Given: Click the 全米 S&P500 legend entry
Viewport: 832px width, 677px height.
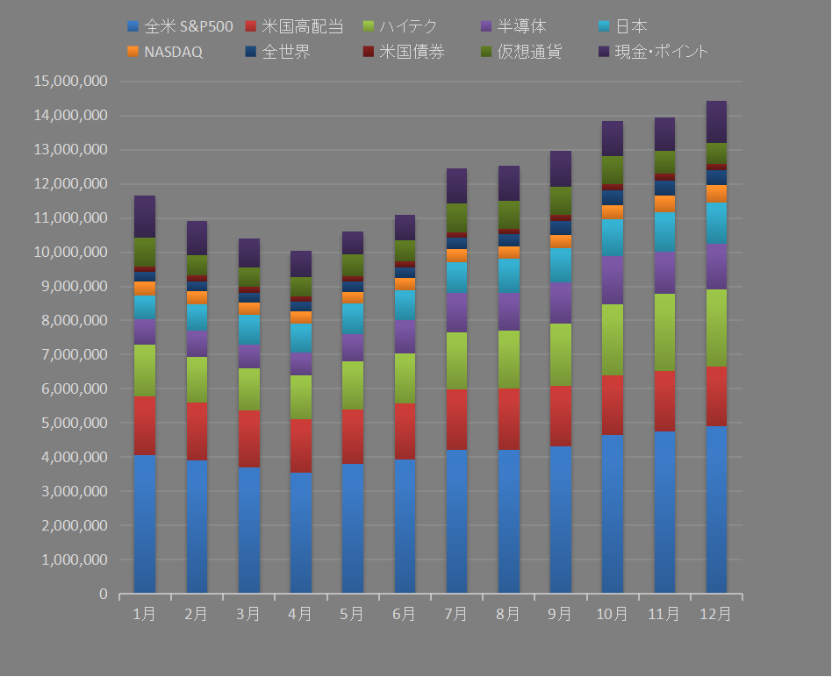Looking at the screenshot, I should [x=181, y=27].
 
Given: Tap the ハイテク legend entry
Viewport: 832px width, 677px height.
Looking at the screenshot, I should [x=408, y=27].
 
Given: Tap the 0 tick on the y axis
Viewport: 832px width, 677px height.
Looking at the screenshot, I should [x=103, y=595].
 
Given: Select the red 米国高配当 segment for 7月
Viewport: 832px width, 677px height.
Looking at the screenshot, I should [x=456, y=419].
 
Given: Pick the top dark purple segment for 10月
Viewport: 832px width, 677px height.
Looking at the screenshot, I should [x=613, y=139].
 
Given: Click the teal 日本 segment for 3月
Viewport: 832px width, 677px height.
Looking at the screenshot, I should [x=248, y=331].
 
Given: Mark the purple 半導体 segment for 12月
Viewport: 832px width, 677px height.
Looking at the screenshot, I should [x=716, y=267].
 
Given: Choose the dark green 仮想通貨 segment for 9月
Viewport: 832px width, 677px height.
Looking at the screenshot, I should [x=560, y=201].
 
